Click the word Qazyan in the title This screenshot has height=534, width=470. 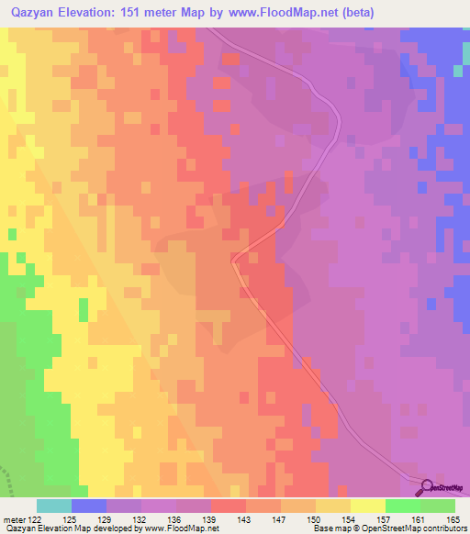35,12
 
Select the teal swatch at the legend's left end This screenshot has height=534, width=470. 54,506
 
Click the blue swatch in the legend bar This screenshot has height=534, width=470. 89,506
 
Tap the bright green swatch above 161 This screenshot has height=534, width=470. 403,506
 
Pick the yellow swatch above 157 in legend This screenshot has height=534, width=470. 368,506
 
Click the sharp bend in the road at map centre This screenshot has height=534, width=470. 233,260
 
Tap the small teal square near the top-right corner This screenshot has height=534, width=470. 457,70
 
